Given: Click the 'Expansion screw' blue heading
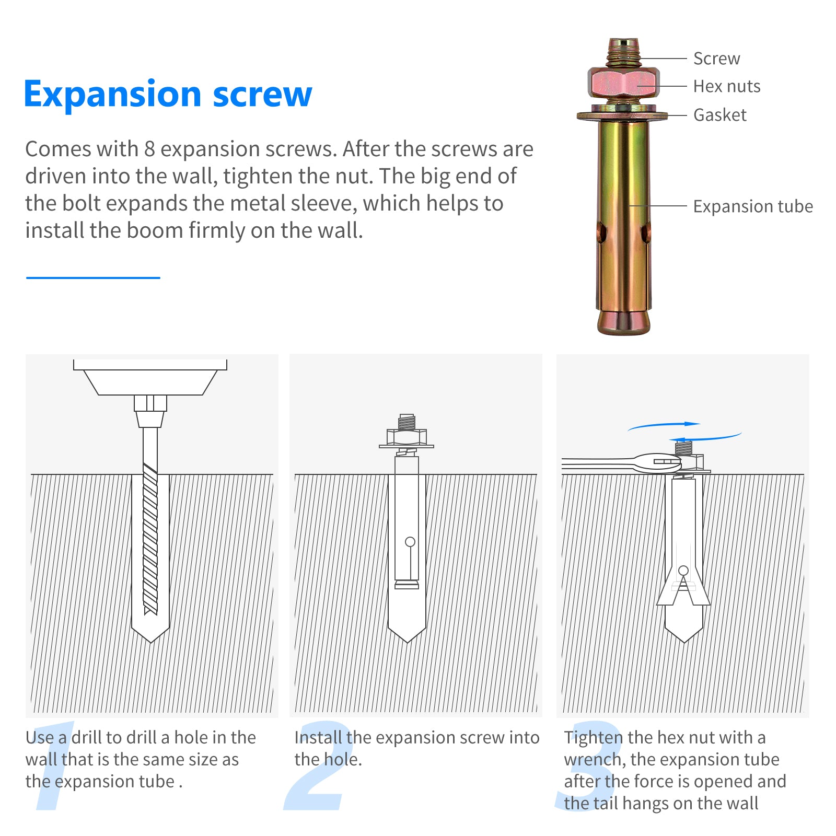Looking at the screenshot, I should tap(168, 95).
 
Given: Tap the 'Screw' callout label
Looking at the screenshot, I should tap(716, 59).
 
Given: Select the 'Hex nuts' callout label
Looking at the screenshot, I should tap(726, 86).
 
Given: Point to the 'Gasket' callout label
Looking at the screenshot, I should tap(719, 115).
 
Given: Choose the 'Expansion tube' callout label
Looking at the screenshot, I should tap(752, 206).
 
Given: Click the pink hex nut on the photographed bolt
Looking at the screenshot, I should tap(623, 84).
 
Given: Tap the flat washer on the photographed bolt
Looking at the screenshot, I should tap(622, 114).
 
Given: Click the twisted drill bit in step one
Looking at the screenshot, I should tap(150, 538).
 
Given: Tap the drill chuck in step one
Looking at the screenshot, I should tap(150, 411).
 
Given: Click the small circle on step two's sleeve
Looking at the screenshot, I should tap(410, 542).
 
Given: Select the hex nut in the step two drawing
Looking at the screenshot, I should tap(407, 437).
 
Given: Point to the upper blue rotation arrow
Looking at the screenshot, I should tap(664, 426).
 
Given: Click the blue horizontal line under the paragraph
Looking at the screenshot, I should tap(93, 278).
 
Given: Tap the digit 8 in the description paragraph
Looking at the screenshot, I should tap(149, 149).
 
